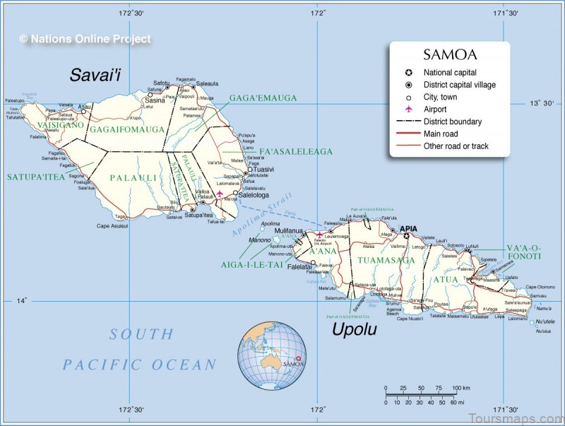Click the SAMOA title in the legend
pyautogui.click(x=449, y=54)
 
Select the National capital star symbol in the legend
pyautogui.click(x=408, y=72)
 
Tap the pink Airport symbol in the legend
pyautogui.click(x=408, y=110)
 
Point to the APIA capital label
pyautogui.click(x=409, y=228)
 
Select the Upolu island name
pyautogui.click(x=355, y=330)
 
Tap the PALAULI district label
pyautogui.click(x=133, y=178)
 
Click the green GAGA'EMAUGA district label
pyautogui.click(x=263, y=98)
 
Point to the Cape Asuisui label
pyautogui.click(x=113, y=226)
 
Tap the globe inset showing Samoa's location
pyautogui.click(x=271, y=355)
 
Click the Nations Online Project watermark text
pyautogui.click(x=85, y=40)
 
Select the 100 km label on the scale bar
pyautogui.click(x=461, y=388)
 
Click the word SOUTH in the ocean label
pyautogui.click(x=141, y=334)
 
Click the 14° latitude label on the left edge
pyautogui.click(x=23, y=300)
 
